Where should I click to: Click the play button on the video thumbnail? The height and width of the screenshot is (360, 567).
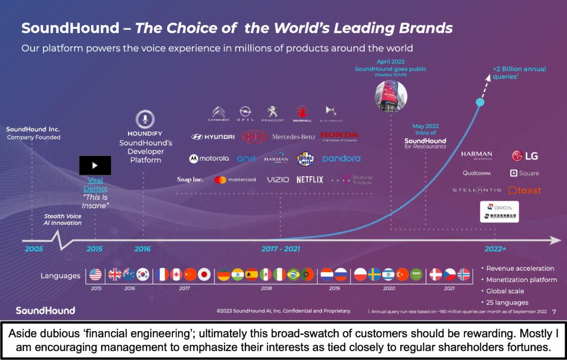click(x=95, y=165)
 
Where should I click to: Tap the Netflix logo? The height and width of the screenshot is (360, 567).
click(x=310, y=180)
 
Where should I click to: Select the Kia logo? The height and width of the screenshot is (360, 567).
click(x=254, y=137)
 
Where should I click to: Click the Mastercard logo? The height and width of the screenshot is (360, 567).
click(x=235, y=180)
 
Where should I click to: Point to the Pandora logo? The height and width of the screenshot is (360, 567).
click(x=342, y=159)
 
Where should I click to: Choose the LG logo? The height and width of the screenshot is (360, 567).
click(x=525, y=156)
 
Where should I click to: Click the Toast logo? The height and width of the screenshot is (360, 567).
click(x=524, y=190)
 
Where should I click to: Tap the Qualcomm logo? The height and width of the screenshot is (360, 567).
click(x=477, y=173)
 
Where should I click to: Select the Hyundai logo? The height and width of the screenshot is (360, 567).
click(x=213, y=137)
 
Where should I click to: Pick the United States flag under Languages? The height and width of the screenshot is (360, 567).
click(x=95, y=274)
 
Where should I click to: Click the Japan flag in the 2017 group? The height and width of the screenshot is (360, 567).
click(x=204, y=274)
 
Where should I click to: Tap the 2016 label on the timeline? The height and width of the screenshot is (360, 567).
click(x=142, y=249)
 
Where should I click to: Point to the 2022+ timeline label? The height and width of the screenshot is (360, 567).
click(x=495, y=249)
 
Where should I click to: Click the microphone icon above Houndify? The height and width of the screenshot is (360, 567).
click(x=145, y=120)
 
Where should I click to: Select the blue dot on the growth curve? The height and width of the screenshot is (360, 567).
click(x=480, y=102)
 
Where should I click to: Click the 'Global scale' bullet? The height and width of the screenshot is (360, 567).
click(x=505, y=291)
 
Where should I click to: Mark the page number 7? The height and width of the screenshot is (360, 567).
click(x=554, y=311)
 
